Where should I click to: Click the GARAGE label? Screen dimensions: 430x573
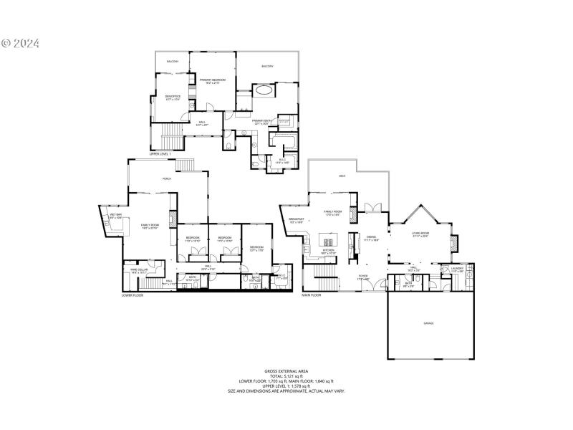pyautogui.click(x=428, y=323)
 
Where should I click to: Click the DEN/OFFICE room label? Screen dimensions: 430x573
pyautogui.click(x=173, y=97)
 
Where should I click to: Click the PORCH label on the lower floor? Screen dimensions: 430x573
pyautogui.click(x=166, y=178)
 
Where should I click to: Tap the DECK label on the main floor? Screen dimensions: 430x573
pyautogui.click(x=343, y=176)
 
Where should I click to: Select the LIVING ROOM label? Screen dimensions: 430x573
pyautogui.click(x=420, y=234)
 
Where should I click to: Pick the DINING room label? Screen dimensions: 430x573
pyautogui.click(x=372, y=238)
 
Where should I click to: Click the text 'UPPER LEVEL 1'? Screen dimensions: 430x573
pyautogui.click(x=160, y=153)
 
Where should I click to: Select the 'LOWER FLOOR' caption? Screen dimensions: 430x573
pyautogui.click(x=133, y=295)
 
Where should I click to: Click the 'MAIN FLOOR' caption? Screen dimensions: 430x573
pyautogui.click(x=311, y=295)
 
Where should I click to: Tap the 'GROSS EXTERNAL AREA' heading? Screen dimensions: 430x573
pyautogui.click(x=286, y=371)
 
